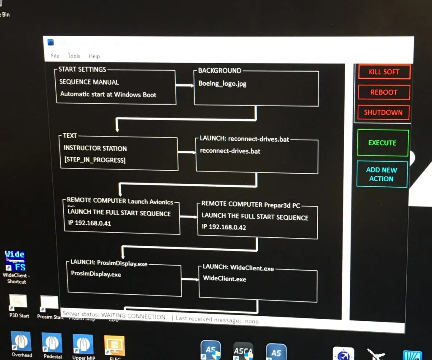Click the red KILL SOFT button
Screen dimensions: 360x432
pos(384,72)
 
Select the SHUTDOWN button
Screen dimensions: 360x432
pos(383,113)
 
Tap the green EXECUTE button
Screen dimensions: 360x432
pos(382,143)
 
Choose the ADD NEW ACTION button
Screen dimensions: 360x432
pos(382,174)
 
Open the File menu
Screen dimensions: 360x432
pos(55,56)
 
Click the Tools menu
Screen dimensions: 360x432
pos(74,56)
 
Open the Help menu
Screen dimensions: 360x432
pos(94,56)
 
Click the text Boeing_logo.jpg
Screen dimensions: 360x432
pos(222,83)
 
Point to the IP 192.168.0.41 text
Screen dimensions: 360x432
pos(89,223)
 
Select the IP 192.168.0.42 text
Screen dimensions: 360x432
pos(224,227)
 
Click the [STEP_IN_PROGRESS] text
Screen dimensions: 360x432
pos(94,160)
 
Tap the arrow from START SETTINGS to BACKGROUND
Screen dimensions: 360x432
pos(185,86)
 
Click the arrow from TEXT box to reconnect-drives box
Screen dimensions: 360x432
pos(187,152)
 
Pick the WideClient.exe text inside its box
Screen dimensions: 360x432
pos(224,279)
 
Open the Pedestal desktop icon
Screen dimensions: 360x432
pos(52,343)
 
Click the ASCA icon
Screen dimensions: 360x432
pos(243,350)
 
